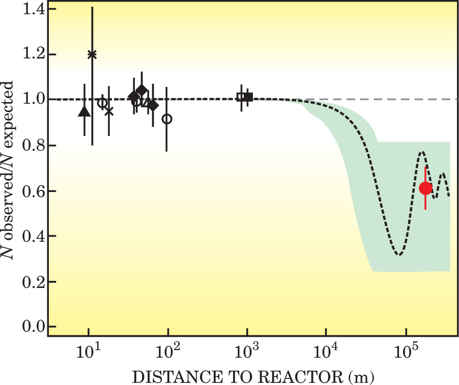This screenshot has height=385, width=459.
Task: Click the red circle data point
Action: tap(425, 188)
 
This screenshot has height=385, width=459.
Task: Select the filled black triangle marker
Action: tap(84, 111)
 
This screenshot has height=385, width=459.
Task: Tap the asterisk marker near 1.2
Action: tap(92, 54)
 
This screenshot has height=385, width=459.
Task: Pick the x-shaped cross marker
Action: tap(109, 111)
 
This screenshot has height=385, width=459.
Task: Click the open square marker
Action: tap(241, 97)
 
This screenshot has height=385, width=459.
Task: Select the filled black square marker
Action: tap(248, 97)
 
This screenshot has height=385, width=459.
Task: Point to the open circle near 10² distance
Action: tap(167, 119)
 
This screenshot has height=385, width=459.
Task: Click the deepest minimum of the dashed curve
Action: tap(400, 254)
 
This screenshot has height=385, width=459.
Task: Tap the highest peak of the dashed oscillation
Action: tap(422, 152)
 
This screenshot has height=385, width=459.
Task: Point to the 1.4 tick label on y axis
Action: tap(30, 10)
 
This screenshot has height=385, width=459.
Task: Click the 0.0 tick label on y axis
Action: tap(30, 326)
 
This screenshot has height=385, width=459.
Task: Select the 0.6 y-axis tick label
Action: tap(30, 191)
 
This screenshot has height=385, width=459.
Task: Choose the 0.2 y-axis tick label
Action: tap(30, 281)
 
